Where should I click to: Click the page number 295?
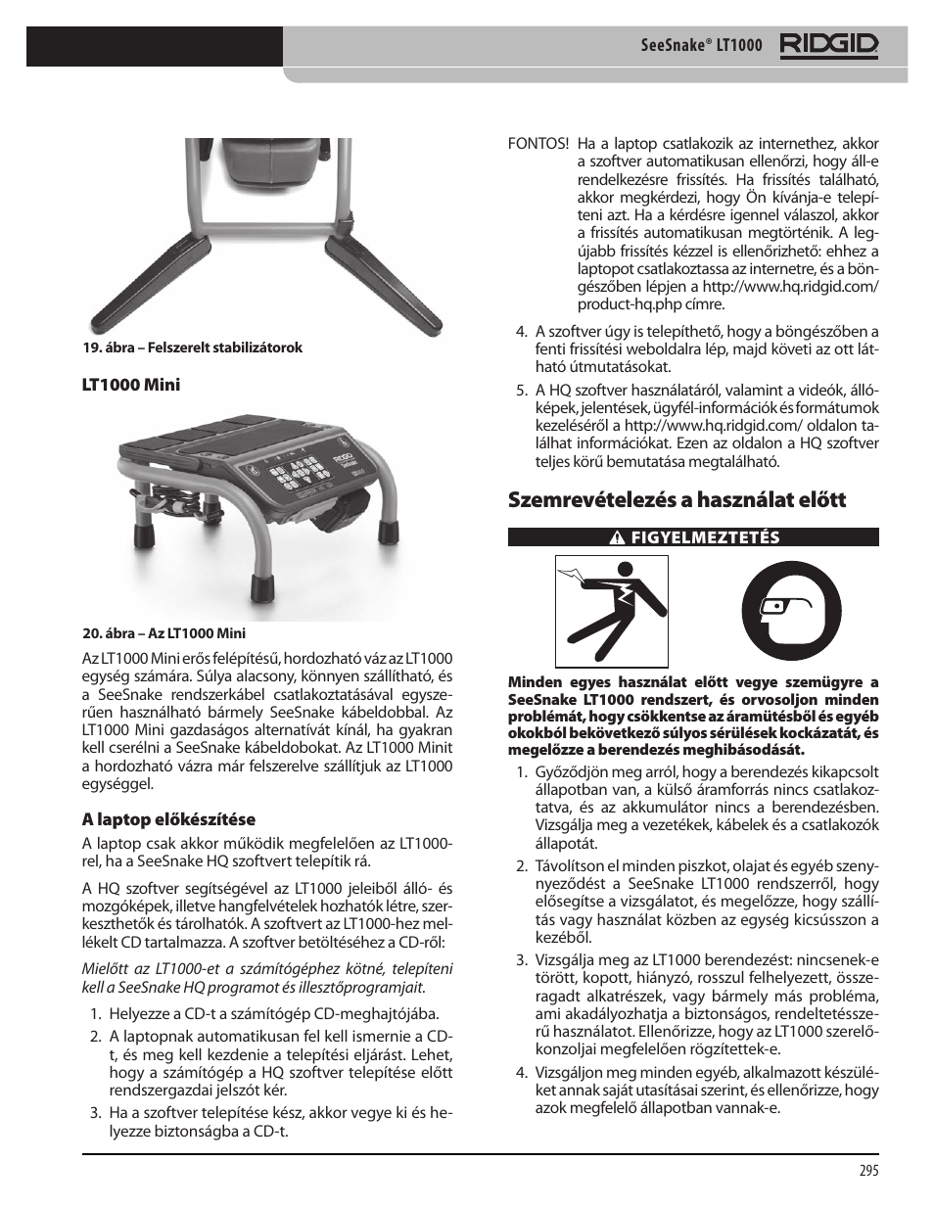pyautogui.click(x=868, y=1170)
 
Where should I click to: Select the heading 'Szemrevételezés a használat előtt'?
pyautogui.click(x=677, y=500)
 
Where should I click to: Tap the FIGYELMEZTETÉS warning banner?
pyautogui.click(x=693, y=536)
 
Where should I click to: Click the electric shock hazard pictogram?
pyautogui.click(x=595, y=607)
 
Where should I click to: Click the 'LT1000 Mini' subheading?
pyautogui.click(x=130, y=385)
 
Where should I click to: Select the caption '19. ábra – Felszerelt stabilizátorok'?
pyautogui.click(x=192, y=348)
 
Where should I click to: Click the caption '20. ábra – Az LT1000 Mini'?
pyautogui.click(x=163, y=632)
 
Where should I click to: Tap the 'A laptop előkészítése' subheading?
pyautogui.click(x=167, y=819)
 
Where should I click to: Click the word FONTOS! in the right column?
pyautogui.click(x=537, y=144)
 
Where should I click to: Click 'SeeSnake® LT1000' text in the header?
pyautogui.click(x=687, y=46)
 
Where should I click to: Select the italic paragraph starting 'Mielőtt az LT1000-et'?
pyautogui.click(x=267, y=978)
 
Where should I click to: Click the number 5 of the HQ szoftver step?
pyautogui.click(x=522, y=390)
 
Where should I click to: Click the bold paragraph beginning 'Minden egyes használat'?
pyautogui.click(x=693, y=716)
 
